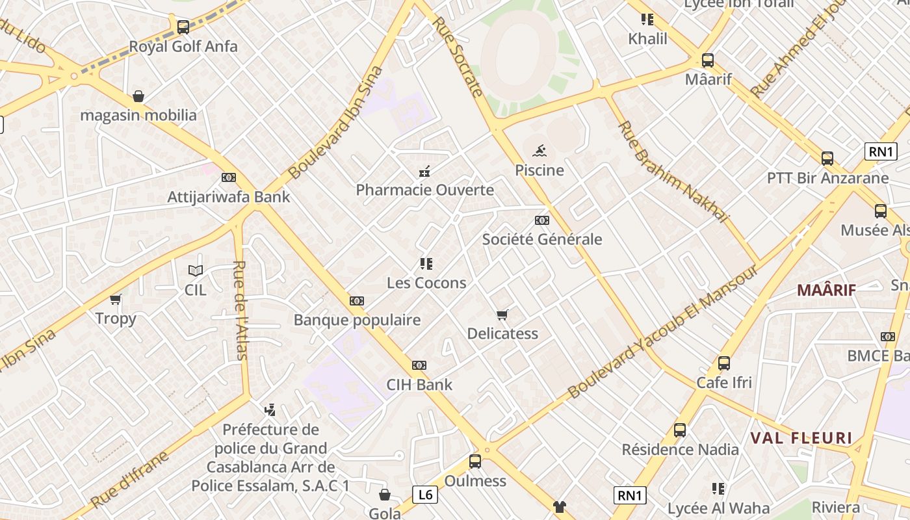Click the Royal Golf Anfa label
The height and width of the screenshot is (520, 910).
pos(183,47)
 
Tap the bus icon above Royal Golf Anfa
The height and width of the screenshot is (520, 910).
pos(183,27)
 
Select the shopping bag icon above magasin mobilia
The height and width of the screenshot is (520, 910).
pos(138,97)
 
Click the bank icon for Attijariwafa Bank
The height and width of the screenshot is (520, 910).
pos(229,177)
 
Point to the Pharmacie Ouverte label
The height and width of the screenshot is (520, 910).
pos(424,190)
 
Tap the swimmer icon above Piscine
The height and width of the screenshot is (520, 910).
pos(539,151)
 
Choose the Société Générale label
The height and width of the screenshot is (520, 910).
pos(542,239)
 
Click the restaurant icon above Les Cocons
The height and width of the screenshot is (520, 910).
pos(426,264)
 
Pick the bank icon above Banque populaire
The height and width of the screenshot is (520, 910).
pos(357,301)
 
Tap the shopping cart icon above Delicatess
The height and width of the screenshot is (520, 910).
pos(502,315)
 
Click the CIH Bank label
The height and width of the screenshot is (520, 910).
pos(419,385)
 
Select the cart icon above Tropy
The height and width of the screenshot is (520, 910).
pos(116,300)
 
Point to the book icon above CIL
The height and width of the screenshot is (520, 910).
pos(196,271)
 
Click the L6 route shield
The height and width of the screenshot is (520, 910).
pos(424,495)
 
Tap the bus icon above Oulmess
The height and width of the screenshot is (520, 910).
pos(475,461)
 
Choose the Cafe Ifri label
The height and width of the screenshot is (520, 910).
pos(724,382)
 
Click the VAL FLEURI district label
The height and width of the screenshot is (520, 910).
pos(801,438)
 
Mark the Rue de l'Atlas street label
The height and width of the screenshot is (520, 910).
pos(240,310)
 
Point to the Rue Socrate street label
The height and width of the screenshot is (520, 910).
pos(458,56)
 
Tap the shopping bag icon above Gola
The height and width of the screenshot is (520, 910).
pos(385,495)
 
